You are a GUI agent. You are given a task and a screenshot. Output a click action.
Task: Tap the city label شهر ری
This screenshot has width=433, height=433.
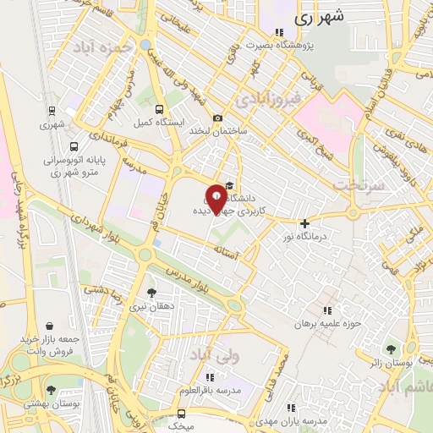click(320, 17)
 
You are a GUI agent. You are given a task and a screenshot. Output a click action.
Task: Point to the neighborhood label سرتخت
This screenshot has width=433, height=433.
click(359, 184)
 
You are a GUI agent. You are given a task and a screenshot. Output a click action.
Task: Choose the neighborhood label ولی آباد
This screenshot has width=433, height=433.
click(216, 355)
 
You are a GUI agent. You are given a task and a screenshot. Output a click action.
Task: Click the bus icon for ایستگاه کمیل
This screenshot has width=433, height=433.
click(159, 109)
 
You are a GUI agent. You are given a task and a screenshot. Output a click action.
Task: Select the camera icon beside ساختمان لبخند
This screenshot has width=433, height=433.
click(218, 118)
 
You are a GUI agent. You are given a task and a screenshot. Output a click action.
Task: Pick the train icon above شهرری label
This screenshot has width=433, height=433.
click(52, 111)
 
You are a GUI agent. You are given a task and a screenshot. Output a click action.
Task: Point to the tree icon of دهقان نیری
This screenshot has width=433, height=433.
click(151, 293)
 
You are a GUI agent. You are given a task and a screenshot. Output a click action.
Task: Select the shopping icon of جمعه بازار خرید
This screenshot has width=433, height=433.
click(51, 326)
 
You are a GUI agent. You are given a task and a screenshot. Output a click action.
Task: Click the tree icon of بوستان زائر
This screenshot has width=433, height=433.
click(390, 348)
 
